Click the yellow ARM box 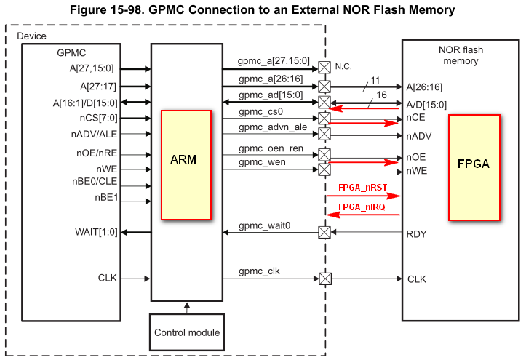(186, 165)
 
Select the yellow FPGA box (473, 165)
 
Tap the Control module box (187, 332)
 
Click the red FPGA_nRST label (362, 188)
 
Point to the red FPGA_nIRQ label (362, 207)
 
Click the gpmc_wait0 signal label (264, 225)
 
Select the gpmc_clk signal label (259, 271)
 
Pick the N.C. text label (344, 66)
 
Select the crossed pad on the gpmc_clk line (324, 279)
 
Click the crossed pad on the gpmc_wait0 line (324, 233)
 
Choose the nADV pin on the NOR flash (419, 135)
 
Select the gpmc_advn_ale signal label (269, 127)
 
